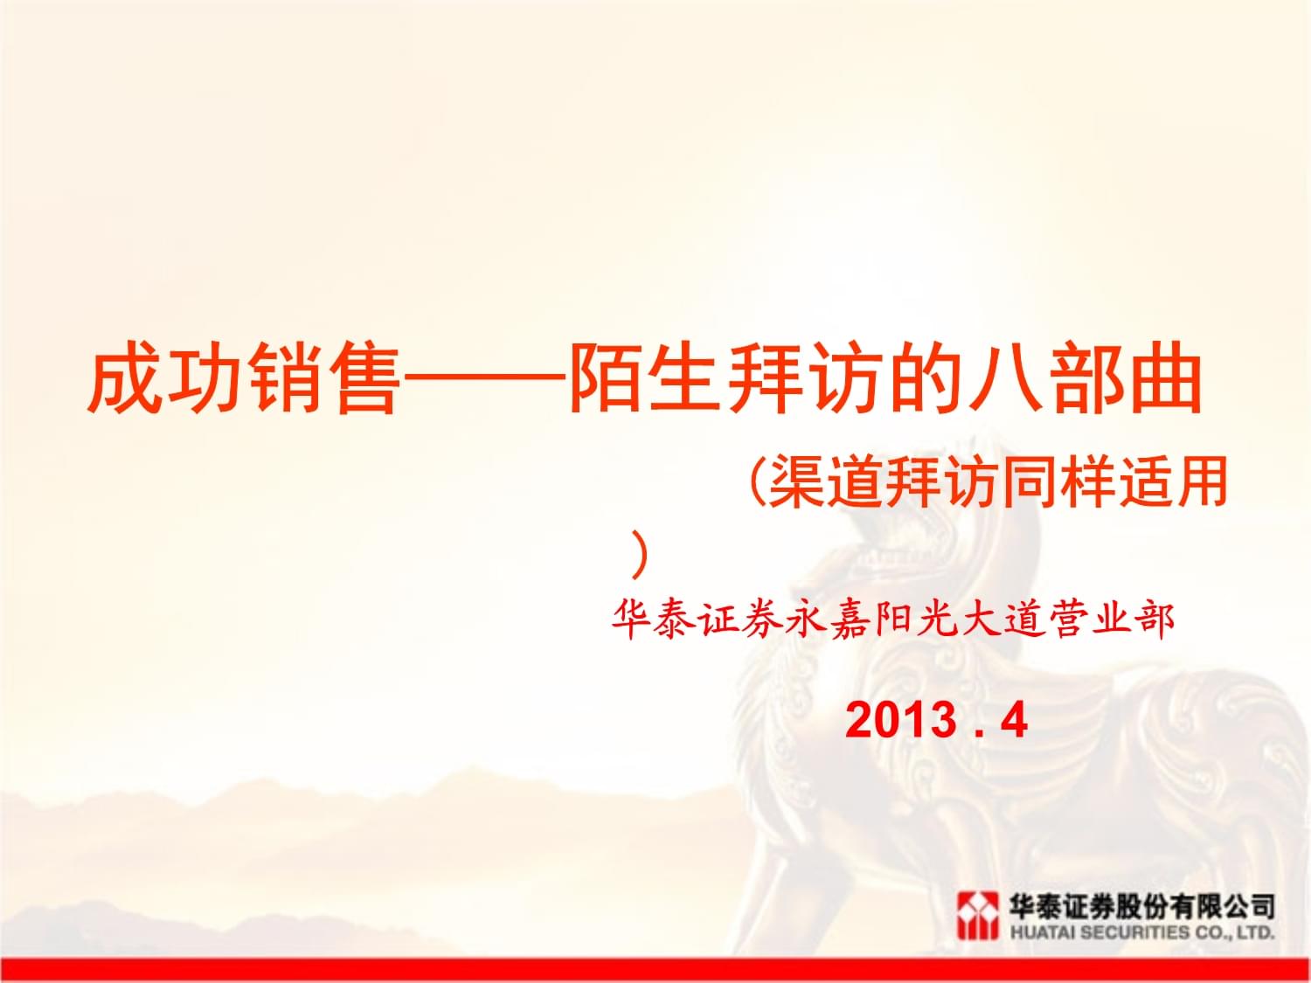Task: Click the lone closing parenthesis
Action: click(640, 555)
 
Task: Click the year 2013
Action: click(901, 720)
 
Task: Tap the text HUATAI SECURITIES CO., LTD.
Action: click(1141, 932)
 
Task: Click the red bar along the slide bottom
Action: click(655, 970)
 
